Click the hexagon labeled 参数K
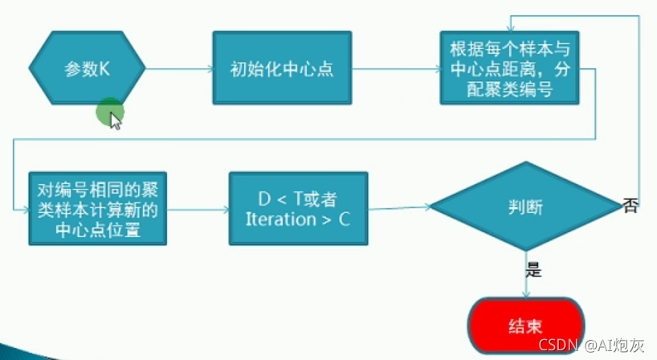coord(88,69)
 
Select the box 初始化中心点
coord(282,68)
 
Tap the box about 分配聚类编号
coord(509,67)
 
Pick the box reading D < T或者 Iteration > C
coord(298,208)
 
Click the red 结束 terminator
coord(526,326)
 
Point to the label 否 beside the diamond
coord(630,207)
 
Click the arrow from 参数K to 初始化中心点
coord(178,68)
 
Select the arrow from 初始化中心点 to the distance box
coord(395,68)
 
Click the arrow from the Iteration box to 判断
coord(399,209)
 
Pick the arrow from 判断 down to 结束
coord(525,277)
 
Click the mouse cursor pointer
coord(115,121)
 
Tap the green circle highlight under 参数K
coord(108,112)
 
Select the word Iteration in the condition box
coord(280,219)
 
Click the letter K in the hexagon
coord(104,69)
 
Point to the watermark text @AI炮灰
coord(614,346)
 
